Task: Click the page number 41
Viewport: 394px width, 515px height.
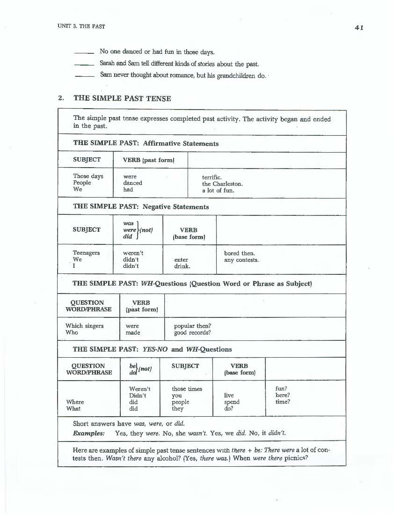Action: click(359, 27)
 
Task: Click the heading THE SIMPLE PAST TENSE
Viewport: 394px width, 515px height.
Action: click(122, 98)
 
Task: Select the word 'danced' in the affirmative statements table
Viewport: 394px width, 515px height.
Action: click(132, 183)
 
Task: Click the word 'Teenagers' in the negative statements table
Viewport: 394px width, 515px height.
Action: click(86, 253)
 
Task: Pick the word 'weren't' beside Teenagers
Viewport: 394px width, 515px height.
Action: click(133, 253)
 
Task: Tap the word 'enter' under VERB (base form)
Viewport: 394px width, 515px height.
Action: click(181, 259)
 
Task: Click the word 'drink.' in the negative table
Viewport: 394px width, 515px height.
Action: click(182, 266)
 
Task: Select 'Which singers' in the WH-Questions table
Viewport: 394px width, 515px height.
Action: click(85, 326)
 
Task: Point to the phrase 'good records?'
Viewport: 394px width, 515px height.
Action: click(192, 332)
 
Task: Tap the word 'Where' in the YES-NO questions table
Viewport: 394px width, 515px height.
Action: click(75, 402)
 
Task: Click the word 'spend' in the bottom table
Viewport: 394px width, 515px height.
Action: click(232, 402)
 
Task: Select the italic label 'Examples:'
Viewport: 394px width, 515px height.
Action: click(89, 433)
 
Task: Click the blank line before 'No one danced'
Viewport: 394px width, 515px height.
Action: click(85, 52)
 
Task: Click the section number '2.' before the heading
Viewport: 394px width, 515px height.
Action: click(61, 98)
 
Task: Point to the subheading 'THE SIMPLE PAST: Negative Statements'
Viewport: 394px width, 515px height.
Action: click(141, 206)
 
